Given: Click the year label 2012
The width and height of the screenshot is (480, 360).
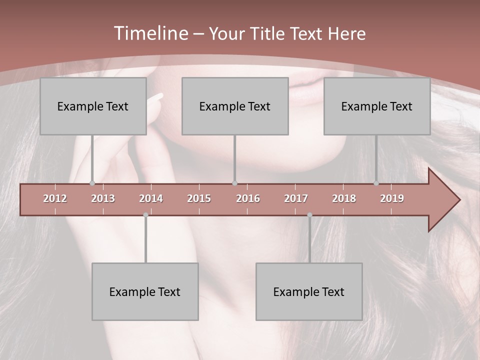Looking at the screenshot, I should pos(55,198).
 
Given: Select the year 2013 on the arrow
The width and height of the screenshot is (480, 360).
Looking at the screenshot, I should pos(103,198).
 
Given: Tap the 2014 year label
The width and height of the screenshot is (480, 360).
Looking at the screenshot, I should pos(151,198).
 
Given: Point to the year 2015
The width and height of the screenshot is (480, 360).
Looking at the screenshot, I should pos(199,198).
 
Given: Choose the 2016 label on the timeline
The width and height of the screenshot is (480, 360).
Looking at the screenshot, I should pos(248,198).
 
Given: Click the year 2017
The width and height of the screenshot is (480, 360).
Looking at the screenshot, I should pos(296,198).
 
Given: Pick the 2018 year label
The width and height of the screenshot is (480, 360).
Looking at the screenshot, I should pos(344,198).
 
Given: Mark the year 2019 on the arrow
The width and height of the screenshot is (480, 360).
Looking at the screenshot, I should pos(392,198).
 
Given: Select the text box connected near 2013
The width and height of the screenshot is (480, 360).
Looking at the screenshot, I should pos(93,106).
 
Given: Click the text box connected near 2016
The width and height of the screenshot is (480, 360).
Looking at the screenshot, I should pos(235,106).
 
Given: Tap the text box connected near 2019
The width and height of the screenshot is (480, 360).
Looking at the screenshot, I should pos(377,106).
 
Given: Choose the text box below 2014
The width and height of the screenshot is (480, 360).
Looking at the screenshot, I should pos(145,291).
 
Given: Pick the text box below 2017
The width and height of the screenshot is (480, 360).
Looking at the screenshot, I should pos(309,291).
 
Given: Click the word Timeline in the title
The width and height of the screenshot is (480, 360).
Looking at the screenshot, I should pos(150,33).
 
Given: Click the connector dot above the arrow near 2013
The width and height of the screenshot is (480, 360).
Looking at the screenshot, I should pos(92,183).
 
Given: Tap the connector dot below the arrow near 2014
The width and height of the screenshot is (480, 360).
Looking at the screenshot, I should pos(145,215).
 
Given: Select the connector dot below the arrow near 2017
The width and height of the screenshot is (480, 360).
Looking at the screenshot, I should pos(309,215).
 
